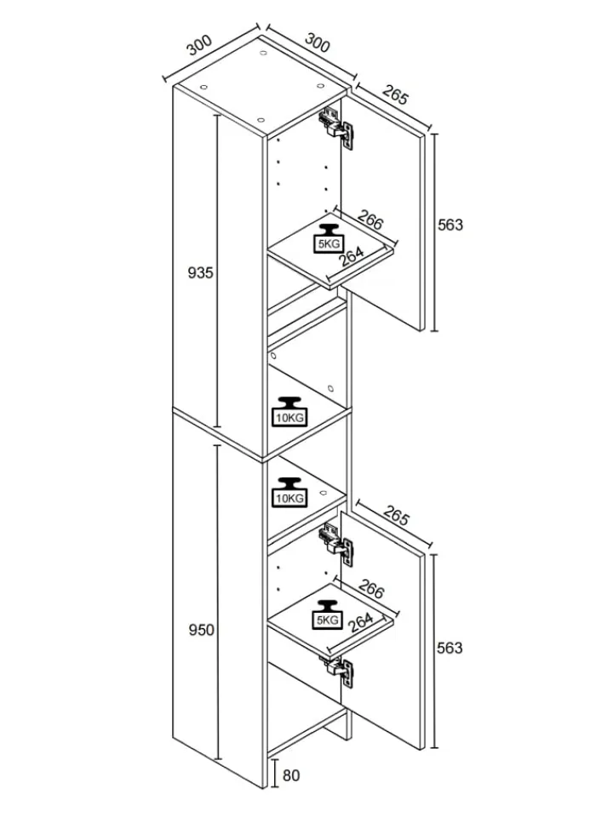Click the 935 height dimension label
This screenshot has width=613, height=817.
(x=201, y=272)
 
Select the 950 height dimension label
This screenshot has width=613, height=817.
(x=201, y=630)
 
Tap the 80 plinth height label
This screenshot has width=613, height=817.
(x=291, y=775)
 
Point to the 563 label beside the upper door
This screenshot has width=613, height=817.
(x=450, y=225)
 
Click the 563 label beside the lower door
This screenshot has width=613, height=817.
(x=450, y=648)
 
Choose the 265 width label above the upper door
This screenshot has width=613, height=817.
(x=396, y=94)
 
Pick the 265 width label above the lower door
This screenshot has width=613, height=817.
(x=396, y=515)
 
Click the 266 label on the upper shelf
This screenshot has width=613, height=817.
(x=371, y=220)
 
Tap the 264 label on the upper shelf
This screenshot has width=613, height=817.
(x=352, y=256)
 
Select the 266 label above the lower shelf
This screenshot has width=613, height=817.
(x=371, y=589)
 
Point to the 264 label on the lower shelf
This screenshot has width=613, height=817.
(x=360, y=622)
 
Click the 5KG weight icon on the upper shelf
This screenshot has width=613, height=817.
(x=328, y=238)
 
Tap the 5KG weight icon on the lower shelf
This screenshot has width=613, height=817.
(x=328, y=614)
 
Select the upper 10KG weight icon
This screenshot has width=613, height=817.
(x=289, y=412)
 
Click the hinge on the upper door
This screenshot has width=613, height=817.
(x=337, y=128)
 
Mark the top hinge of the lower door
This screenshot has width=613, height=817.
(x=337, y=544)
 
